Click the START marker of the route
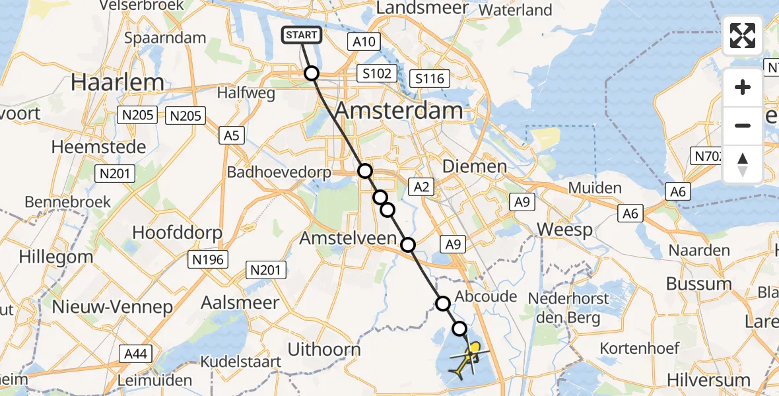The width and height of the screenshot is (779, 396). click(302, 35)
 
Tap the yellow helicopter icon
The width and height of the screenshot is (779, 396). click(467, 361)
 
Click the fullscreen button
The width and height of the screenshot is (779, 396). click(743, 36)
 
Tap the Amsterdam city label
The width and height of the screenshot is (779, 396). click(397, 110)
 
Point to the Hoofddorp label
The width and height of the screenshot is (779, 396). click(177, 232)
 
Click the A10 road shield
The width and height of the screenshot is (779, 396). click(363, 42)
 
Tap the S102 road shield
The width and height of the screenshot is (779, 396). click(377, 73)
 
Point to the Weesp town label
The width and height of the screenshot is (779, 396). click(565, 229)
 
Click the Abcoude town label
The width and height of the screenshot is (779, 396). click(486, 296)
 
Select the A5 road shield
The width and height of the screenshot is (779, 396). click(232, 136)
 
